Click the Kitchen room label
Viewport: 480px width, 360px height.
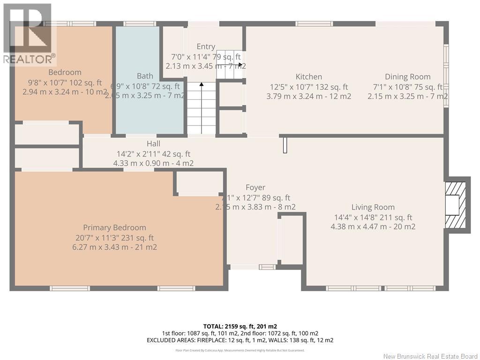pos(308,77)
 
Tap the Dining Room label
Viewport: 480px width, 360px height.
pos(407,77)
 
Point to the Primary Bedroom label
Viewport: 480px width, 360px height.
pos(114,227)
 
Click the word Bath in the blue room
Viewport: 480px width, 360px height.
pos(145,76)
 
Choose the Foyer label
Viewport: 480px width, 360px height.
pos(255,187)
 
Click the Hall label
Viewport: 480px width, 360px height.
pos(153,143)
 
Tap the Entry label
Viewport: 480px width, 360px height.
pos(206,46)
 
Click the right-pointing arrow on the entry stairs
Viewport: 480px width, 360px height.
pos(240,65)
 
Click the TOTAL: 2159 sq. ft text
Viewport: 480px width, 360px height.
pos(240,326)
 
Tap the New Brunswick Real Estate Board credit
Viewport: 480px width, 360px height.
pos(430,356)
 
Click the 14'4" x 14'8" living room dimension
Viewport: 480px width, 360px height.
pos(373,217)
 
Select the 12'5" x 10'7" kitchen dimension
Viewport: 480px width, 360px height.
pos(308,87)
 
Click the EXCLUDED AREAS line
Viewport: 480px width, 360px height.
pos(240,340)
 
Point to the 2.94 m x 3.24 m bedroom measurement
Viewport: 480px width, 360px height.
pos(65,92)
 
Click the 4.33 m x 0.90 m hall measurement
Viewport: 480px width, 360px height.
pos(153,163)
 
